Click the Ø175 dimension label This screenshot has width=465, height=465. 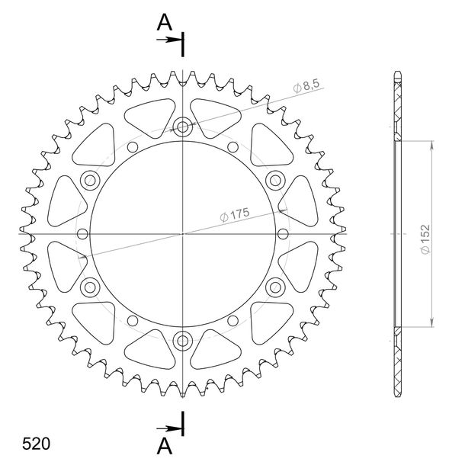point(235,215)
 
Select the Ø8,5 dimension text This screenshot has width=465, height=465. point(306,86)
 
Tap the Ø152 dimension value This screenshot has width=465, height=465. point(425,239)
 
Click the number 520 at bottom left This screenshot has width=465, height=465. point(36,444)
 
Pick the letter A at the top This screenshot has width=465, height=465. point(165,23)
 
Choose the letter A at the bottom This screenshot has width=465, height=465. point(165,446)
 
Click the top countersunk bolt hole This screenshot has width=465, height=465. point(183,127)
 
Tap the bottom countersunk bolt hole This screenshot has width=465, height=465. point(183,341)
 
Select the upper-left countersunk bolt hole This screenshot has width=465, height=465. point(90,181)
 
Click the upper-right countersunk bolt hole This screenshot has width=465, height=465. point(275,181)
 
